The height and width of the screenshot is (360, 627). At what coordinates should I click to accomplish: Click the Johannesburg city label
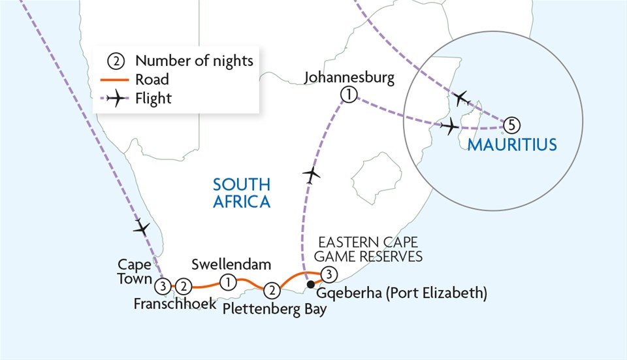tap(349, 79)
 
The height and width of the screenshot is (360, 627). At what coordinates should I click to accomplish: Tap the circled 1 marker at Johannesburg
tap(349, 95)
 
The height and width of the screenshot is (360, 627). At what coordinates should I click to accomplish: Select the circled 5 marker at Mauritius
tap(513, 122)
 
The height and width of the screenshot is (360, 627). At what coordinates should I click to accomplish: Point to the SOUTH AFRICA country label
tap(242, 193)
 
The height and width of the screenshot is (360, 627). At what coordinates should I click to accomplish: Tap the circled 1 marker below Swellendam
tap(228, 282)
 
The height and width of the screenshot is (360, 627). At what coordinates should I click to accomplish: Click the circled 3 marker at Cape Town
tap(163, 286)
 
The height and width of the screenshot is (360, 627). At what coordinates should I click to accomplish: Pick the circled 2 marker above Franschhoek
tap(184, 286)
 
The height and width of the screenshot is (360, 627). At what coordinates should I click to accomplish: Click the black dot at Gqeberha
tap(311, 284)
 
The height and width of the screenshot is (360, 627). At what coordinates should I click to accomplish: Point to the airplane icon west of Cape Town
tap(141, 229)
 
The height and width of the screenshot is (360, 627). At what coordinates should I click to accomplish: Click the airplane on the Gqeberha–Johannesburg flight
tap(312, 174)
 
